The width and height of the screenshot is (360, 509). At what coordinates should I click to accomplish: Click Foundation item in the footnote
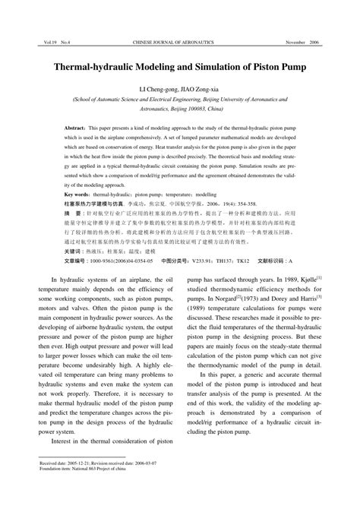pos(54,488)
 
